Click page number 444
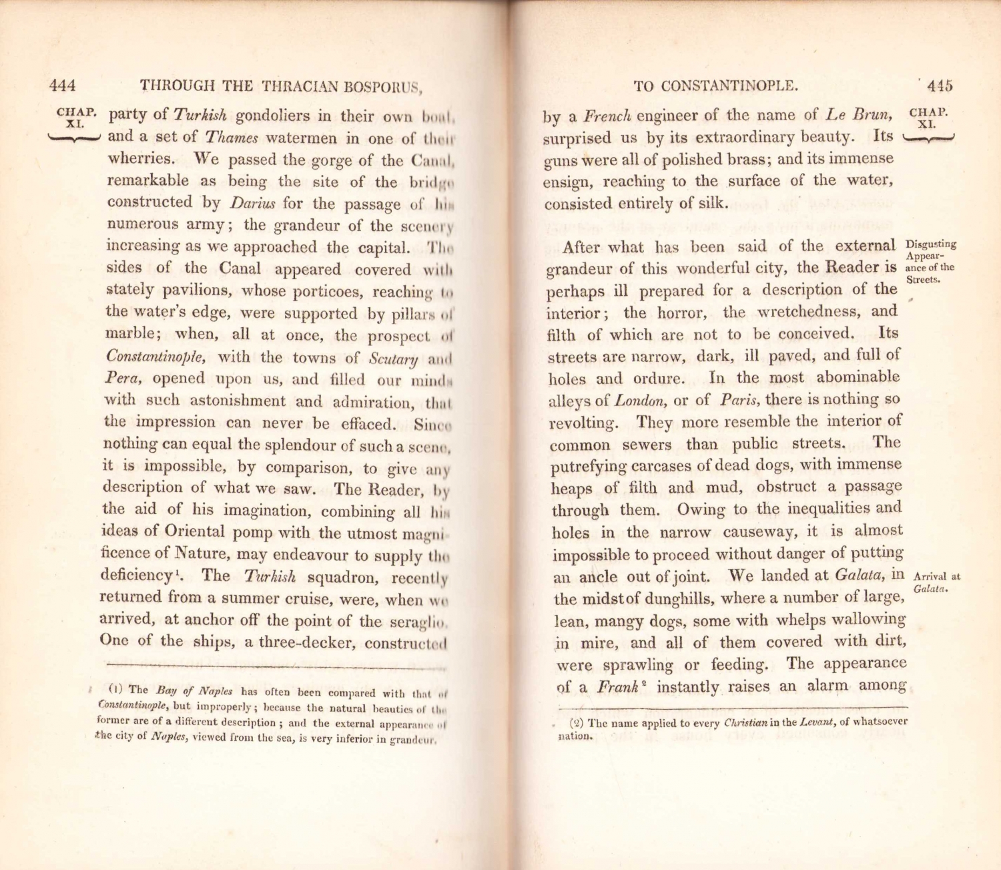pyautogui.click(x=62, y=85)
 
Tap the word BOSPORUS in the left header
pyautogui.click(x=383, y=87)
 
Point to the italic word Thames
pyautogui.click(x=231, y=138)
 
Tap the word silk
pyautogui.click(x=711, y=204)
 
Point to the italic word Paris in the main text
pyautogui.click(x=739, y=400)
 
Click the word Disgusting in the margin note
pyautogui.click(x=932, y=244)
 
